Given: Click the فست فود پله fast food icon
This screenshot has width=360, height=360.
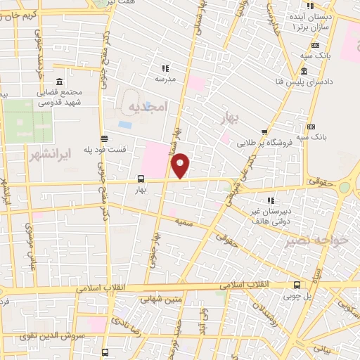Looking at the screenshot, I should coord(105,139).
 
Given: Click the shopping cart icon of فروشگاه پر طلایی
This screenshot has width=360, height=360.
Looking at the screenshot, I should coord(264,131).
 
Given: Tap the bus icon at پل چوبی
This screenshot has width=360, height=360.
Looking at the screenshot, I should coord(298,285).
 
